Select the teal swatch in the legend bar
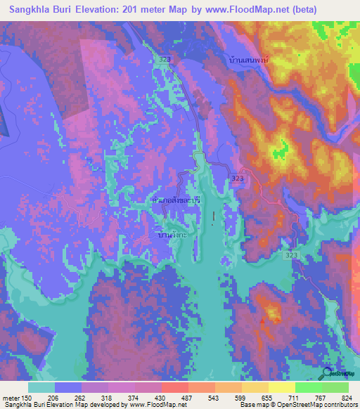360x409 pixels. coord(41,387)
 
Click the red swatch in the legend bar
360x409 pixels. coord(174,387)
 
